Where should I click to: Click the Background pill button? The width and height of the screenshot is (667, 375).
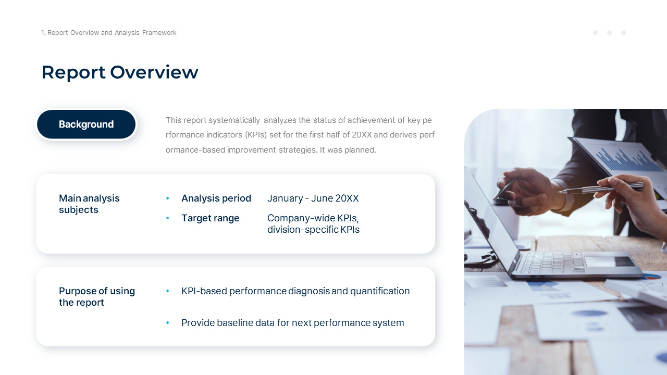(x=86, y=124)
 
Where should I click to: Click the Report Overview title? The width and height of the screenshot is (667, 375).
(x=120, y=72)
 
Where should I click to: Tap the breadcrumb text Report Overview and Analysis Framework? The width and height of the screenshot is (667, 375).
(x=109, y=33)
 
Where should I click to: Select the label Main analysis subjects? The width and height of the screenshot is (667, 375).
(x=89, y=204)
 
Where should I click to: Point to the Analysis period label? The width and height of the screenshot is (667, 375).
(x=216, y=198)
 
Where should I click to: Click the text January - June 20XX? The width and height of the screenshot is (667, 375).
(x=313, y=198)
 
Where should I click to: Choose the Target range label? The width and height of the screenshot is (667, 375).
(x=210, y=218)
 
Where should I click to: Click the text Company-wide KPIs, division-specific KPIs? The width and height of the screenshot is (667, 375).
(x=313, y=224)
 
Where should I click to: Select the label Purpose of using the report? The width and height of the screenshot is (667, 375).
(x=96, y=297)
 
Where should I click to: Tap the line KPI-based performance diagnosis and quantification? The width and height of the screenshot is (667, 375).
(x=295, y=291)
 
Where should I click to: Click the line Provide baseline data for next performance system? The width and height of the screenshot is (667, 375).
(x=292, y=323)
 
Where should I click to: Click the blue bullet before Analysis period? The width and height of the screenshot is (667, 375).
(x=167, y=198)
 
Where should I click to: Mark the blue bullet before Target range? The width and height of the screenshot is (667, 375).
(x=167, y=218)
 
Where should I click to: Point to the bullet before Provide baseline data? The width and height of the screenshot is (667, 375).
(x=167, y=323)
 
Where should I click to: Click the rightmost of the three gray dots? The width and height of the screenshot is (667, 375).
(x=623, y=33)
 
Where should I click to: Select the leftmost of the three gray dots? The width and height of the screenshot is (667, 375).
(x=595, y=33)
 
